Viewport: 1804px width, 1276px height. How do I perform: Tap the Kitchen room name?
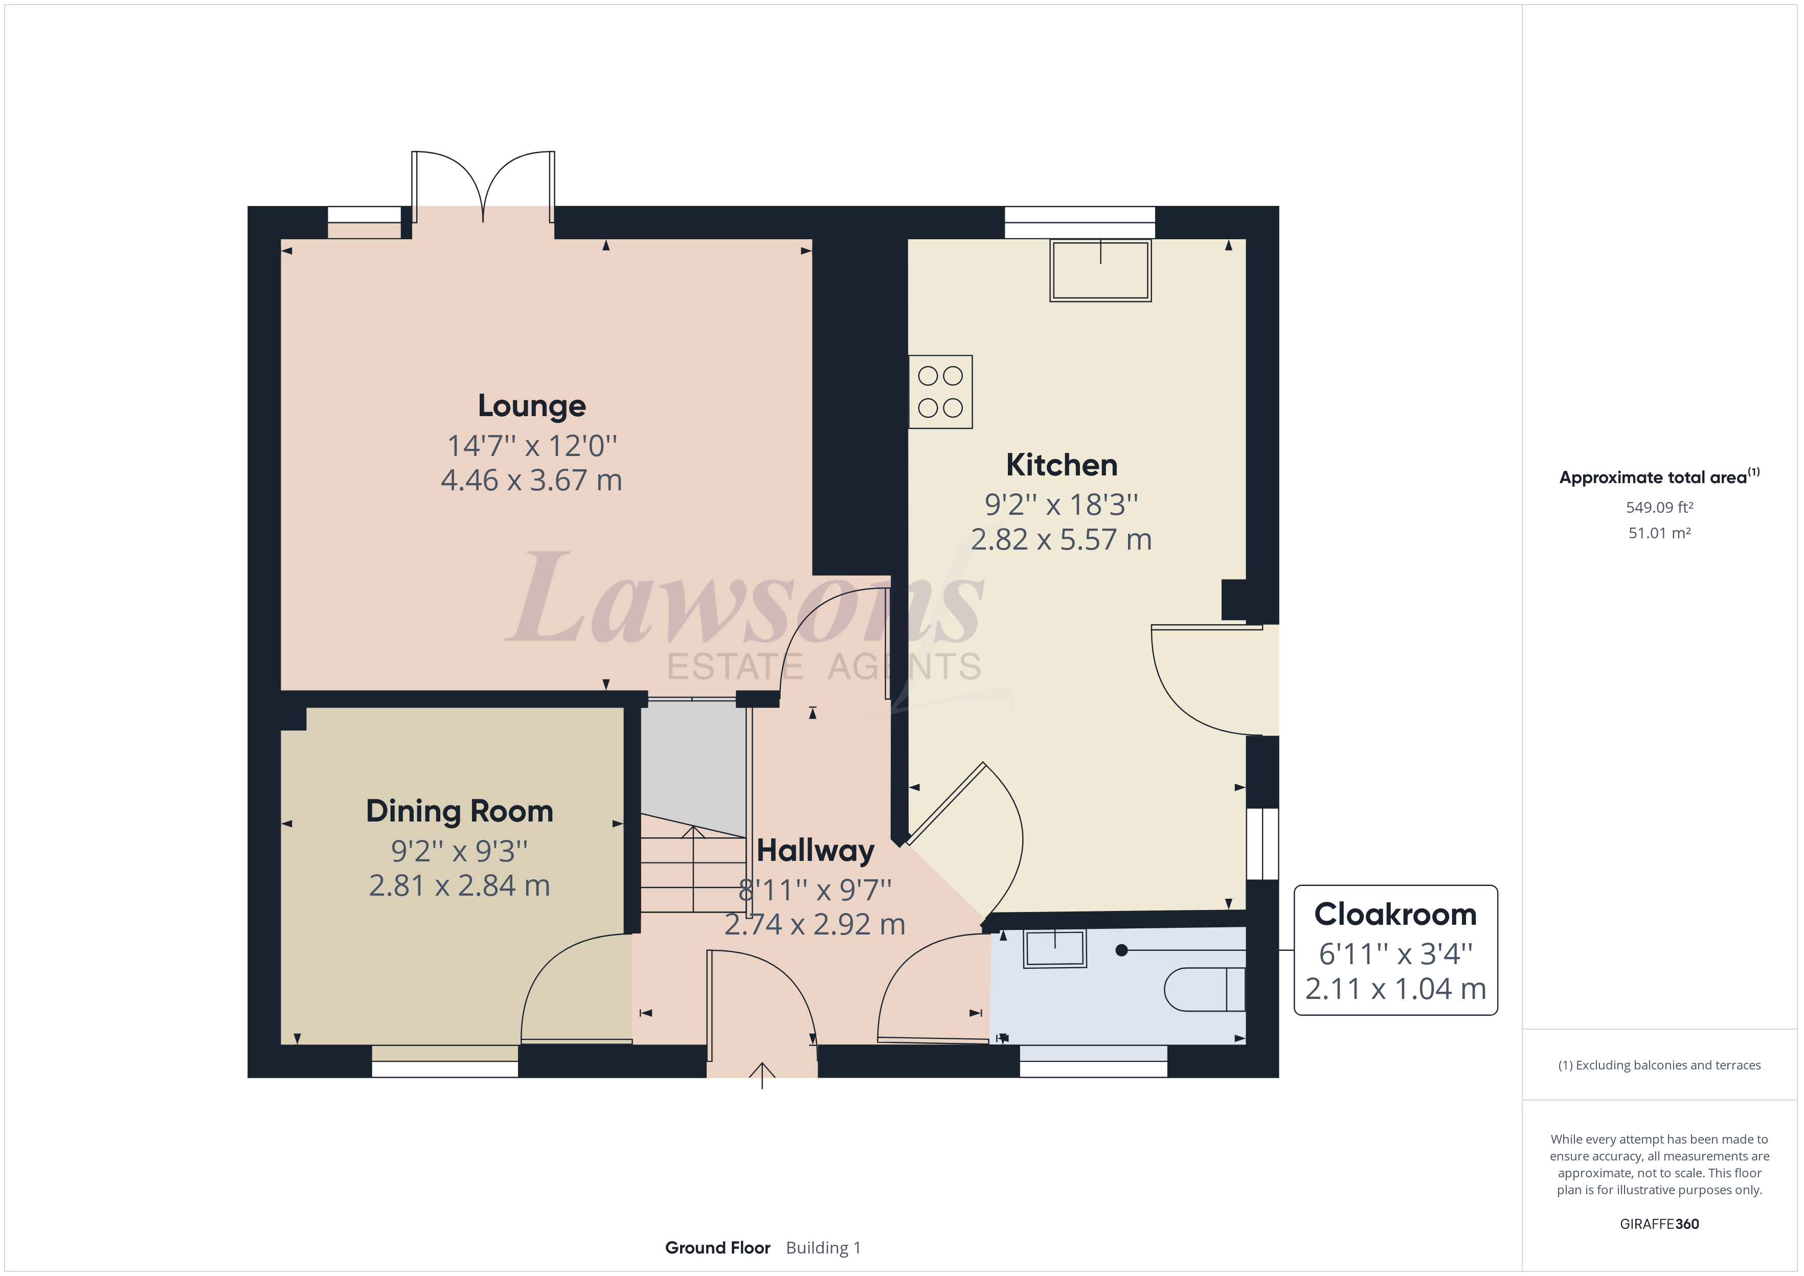[x=1062, y=465]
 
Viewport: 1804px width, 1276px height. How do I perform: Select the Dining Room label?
[x=460, y=811]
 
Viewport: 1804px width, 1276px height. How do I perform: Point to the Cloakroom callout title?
[x=1395, y=915]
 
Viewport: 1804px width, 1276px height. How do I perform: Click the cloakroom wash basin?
[x=1054, y=948]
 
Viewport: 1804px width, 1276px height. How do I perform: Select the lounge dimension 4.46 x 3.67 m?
[x=532, y=480]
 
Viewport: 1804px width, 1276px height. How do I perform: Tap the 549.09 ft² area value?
[x=1659, y=508]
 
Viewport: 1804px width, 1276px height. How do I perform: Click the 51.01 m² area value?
[x=1659, y=533]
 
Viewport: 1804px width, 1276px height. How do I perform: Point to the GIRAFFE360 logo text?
[x=1659, y=1223]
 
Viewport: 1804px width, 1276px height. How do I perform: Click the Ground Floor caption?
[x=717, y=1248]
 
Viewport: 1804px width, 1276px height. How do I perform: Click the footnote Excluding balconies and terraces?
[x=1659, y=1065]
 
